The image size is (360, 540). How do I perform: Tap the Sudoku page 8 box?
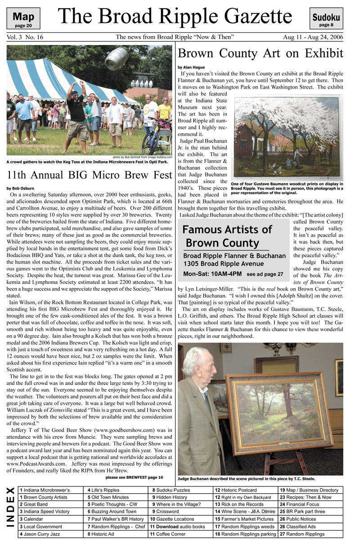[x=326, y=19]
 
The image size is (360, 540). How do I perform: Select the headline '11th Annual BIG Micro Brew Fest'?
[x=89, y=174]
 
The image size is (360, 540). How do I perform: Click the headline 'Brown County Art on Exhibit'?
[x=261, y=54]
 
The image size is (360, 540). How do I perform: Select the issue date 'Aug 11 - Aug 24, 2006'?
[x=313, y=37]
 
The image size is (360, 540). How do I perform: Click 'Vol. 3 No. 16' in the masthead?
[x=25, y=37]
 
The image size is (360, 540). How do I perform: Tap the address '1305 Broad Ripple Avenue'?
[x=223, y=264]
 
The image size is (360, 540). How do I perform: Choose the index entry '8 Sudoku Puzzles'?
[x=171, y=490]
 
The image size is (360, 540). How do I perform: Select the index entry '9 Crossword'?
[x=165, y=512]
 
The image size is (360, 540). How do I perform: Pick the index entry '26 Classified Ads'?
[x=298, y=526]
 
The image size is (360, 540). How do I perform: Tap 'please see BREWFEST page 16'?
[x=134, y=477]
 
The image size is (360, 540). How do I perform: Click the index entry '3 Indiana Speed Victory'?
[x=45, y=512]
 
